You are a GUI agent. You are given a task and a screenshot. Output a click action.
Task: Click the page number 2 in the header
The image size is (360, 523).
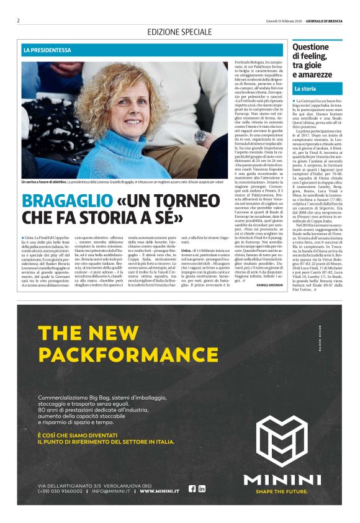click(x=19, y=20)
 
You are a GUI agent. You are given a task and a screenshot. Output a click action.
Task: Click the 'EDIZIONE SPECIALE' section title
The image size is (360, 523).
click(x=179, y=32)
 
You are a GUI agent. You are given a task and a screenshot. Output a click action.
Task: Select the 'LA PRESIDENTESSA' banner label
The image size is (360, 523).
click(x=47, y=50)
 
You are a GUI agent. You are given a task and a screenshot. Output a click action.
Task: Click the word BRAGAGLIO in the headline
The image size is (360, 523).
click(x=61, y=202)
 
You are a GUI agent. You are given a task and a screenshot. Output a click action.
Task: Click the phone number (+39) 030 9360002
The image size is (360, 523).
click(x=60, y=491)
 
